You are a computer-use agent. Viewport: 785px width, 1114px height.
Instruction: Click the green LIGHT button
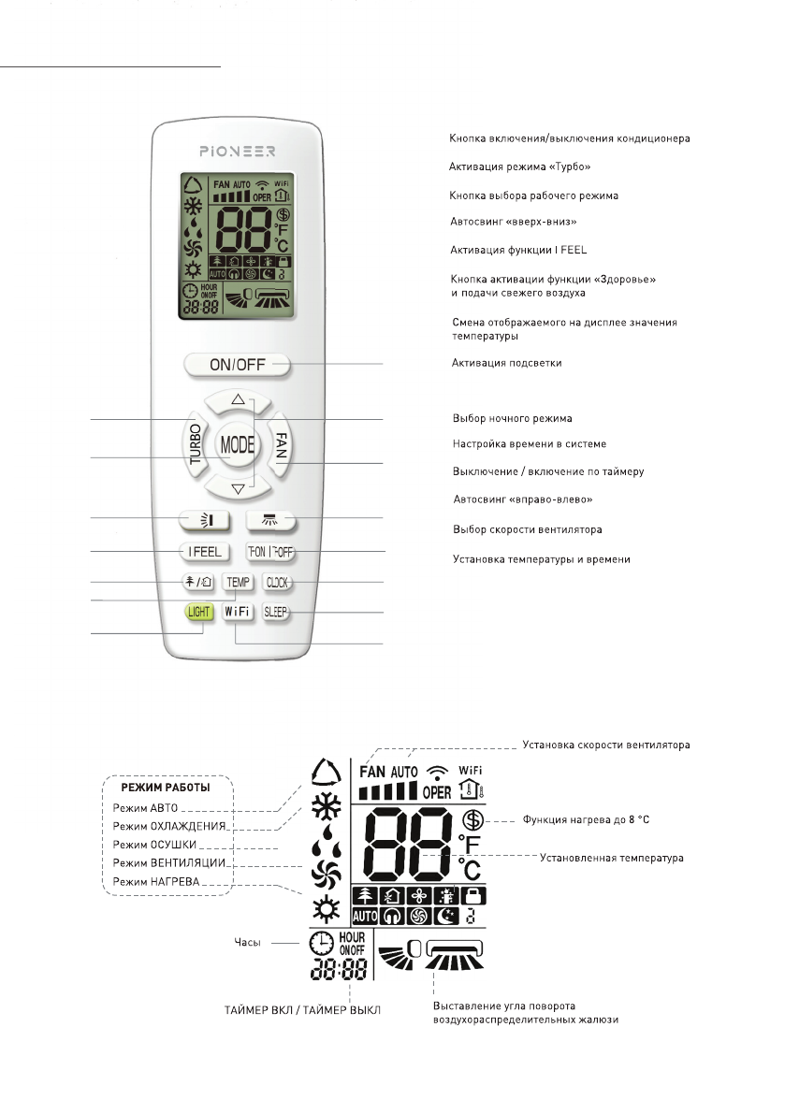198,613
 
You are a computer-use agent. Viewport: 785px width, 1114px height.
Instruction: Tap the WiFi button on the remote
237,613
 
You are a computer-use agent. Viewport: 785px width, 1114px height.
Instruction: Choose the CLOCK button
278,583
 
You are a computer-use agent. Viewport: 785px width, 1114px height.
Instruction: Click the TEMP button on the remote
238,583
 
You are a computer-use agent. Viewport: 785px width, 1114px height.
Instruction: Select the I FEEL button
202,552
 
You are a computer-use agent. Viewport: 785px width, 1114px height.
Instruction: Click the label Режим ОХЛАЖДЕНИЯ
170,826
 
